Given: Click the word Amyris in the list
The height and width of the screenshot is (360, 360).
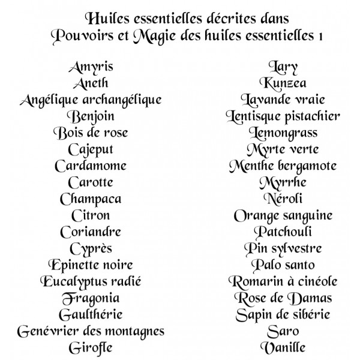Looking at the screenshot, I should click(x=91, y=67).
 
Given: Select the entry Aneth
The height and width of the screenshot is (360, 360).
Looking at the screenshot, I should click(x=91, y=83).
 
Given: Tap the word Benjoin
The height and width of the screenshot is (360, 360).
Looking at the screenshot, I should click(x=91, y=116).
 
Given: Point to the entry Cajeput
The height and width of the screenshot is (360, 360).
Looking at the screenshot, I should click(x=91, y=149).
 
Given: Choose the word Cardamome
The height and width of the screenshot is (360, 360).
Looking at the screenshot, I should click(x=91, y=166).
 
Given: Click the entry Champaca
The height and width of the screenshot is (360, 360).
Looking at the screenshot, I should click(x=91, y=199).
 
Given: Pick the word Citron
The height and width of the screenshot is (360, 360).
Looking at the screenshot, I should click(x=91, y=215).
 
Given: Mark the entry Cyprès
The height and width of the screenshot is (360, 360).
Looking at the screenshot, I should click(x=91, y=248).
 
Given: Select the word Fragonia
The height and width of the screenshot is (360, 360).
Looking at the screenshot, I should click(x=91, y=298).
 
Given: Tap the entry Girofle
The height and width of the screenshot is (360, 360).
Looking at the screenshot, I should click(x=91, y=347).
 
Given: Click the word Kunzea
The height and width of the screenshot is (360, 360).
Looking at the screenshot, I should click(x=283, y=83).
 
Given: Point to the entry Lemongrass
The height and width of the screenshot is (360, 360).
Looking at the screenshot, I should click(x=283, y=133).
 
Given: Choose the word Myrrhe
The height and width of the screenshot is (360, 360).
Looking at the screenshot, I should click(x=283, y=182).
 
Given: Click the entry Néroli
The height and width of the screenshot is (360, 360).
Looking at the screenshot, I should click(x=283, y=199).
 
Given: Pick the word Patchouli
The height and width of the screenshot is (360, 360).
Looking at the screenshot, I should click(x=283, y=232).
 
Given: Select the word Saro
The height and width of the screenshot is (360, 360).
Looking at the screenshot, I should click(x=283, y=331).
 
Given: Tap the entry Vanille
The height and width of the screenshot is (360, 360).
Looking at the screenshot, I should click(x=283, y=347).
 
